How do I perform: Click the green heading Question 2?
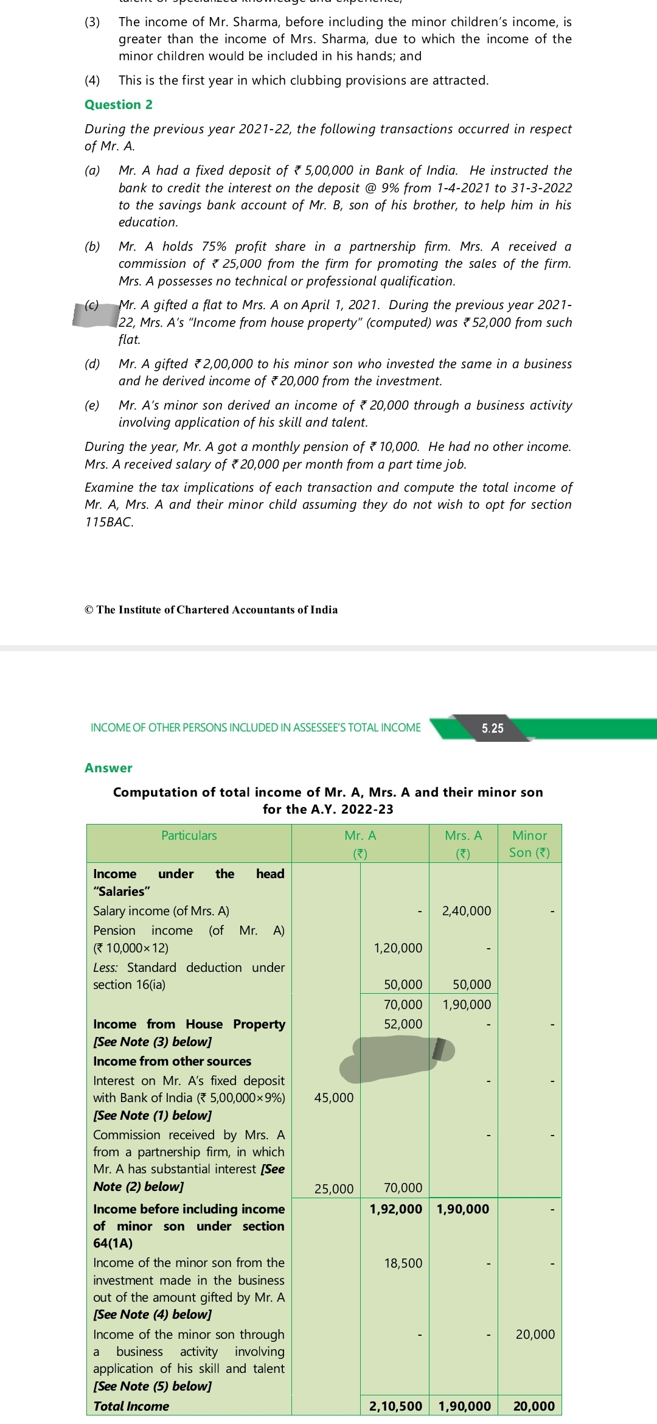[x=119, y=105]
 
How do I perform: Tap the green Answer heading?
[x=108, y=768]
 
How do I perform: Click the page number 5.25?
[x=492, y=728]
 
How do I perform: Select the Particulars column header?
[x=189, y=836]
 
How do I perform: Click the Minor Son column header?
[x=529, y=844]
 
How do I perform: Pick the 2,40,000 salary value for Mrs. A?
[x=466, y=911]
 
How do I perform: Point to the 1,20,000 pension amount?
[x=398, y=948]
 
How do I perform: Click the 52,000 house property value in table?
[x=403, y=1024]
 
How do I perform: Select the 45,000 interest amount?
[x=333, y=1098]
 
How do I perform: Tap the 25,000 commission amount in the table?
[x=333, y=1188]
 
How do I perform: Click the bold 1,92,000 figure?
[x=395, y=1209]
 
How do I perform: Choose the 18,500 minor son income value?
[x=403, y=1263]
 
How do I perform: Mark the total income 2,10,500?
[x=395, y=1406]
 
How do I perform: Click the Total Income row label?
[x=131, y=1406]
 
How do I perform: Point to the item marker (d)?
[x=92, y=364]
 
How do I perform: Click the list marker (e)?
[x=92, y=405]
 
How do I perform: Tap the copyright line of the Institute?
[x=211, y=610]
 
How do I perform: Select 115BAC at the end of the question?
[x=109, y=522]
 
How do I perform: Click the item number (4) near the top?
[x=92, y=80]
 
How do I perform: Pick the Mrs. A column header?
[x=463, y=844]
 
